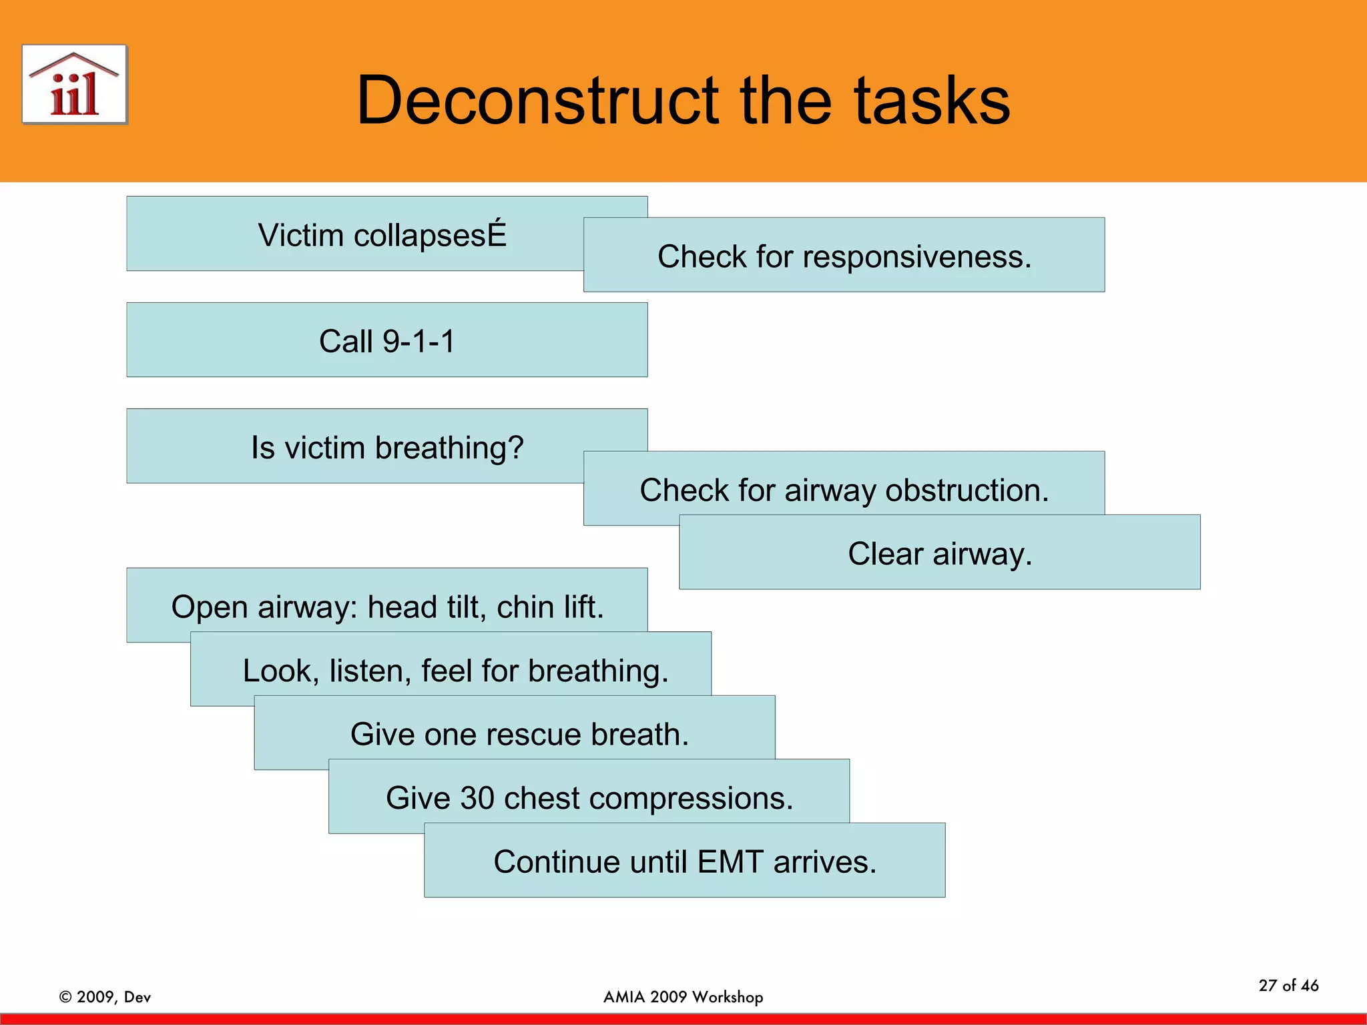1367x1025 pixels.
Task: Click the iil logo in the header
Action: click(74, 85)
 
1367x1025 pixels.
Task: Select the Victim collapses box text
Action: click(382, 235)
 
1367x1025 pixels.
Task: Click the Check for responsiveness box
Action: click(844, 256)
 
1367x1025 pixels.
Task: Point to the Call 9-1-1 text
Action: click(386, 341)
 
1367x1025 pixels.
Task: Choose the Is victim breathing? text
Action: click(387, 447)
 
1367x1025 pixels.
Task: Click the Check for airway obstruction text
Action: click(844, 490)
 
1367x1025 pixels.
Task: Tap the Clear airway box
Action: click(939, 553)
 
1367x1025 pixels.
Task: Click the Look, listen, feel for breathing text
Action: click(455, 670)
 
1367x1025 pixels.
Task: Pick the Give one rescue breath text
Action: click(519, 734)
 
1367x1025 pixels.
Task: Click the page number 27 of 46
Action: click(1288, 985)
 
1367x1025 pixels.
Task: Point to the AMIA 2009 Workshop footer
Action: click(683, 996)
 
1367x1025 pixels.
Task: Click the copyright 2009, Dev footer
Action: click(105, 996)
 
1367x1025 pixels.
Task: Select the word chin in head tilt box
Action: click(524, 607)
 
